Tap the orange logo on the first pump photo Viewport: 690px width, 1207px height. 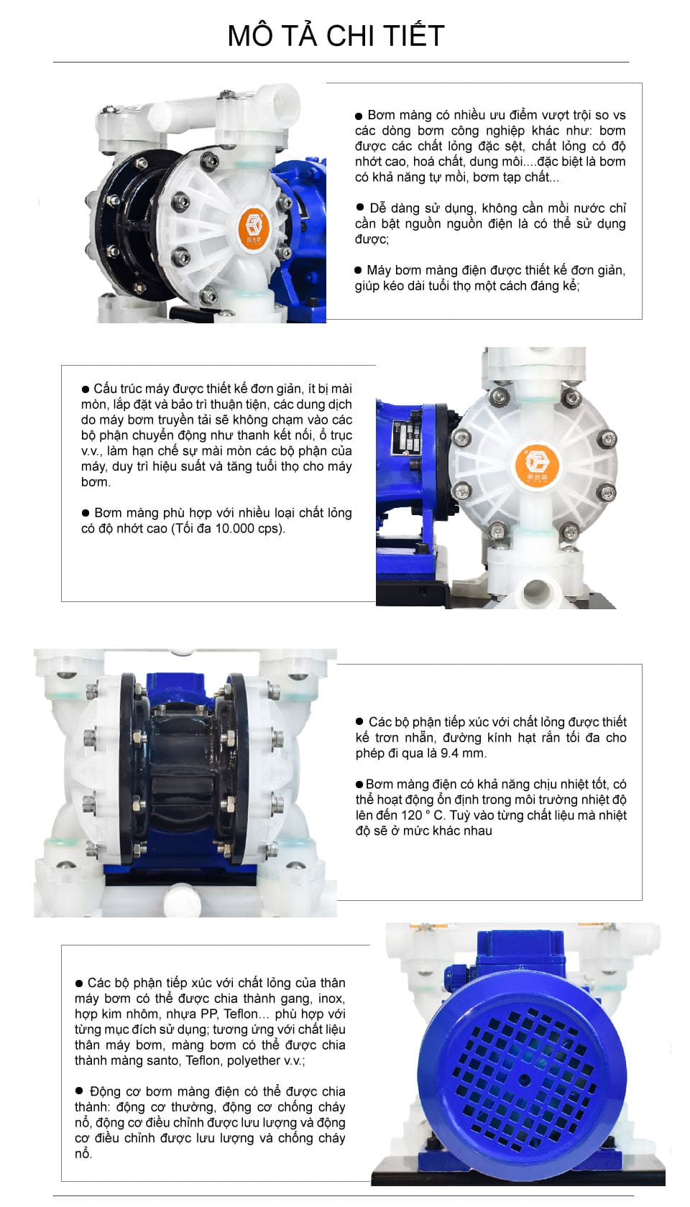pyautogui.click(x=254, y=226)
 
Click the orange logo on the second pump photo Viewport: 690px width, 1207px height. pyautogui.click(x=536, y=463)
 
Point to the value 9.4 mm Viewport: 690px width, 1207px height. pyautogui.click(x=463, y=753)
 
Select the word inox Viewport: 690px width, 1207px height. pyautogui.click(x=331, y=998)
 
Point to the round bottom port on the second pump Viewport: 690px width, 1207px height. pyautogui.click(x=537, y=593)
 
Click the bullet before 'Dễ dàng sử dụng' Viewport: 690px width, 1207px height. pyautogui.click(x=360, y=208)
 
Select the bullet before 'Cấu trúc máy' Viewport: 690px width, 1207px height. pyautogui.click(x=86, y=389)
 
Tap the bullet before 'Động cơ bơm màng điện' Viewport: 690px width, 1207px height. pyautogui.click(x=79, y=1091)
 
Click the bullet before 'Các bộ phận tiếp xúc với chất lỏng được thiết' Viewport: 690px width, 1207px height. pyautogui.click(x=359, y=721)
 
